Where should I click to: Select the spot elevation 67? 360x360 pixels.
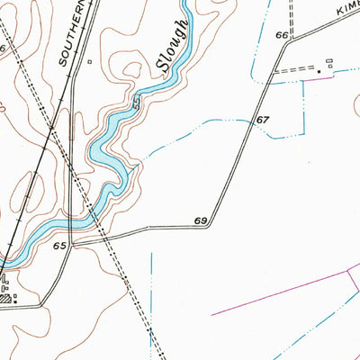tap(263, 120)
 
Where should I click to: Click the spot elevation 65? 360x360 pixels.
tap(60, 245)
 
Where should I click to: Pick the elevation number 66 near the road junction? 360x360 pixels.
tap(283, 35)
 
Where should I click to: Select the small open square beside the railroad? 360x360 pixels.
tap(90, 63)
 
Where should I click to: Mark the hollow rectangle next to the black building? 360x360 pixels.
tap(328, 62)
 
